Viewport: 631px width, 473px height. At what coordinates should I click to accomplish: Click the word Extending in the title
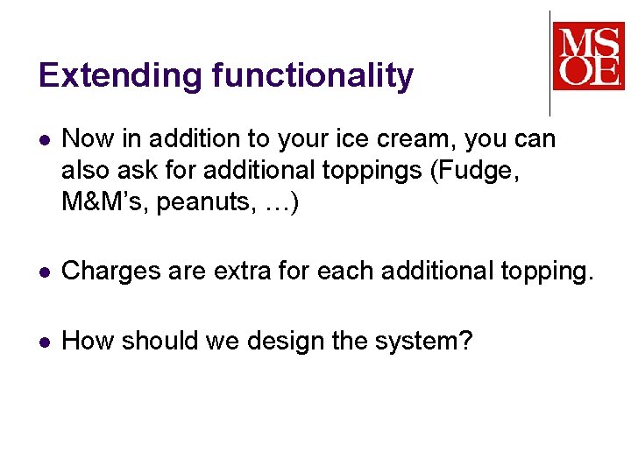(120, 76)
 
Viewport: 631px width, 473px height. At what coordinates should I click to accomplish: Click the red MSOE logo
(588, 56)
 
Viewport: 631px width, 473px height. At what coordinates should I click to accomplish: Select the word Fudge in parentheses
(485, 172)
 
